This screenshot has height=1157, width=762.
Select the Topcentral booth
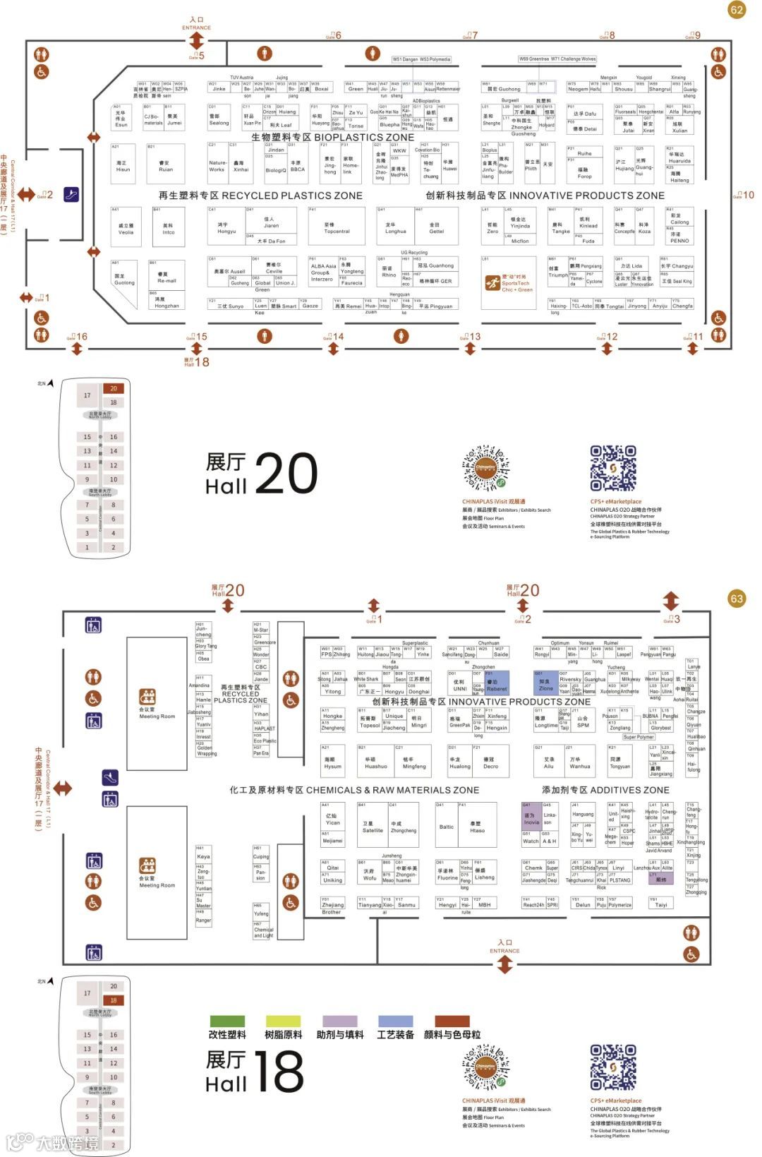337,227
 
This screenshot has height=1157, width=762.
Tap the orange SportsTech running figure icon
492,284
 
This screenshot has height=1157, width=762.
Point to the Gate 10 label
744,195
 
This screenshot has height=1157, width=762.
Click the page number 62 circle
737,10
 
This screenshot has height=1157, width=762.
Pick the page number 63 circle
737,599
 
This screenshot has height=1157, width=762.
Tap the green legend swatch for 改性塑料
227,1021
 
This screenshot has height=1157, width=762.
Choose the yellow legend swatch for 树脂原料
283,1021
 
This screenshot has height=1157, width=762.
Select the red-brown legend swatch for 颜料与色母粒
452,1021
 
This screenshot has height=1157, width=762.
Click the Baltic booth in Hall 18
446,827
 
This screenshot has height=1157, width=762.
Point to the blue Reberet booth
497,685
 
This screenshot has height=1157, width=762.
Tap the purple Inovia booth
531,819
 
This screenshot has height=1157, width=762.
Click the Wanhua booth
580,763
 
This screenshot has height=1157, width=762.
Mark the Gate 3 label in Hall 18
672,619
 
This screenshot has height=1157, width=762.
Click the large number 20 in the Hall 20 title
286,473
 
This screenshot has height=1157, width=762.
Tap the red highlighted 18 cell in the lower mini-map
114,1000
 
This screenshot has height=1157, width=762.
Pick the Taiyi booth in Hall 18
660,904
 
